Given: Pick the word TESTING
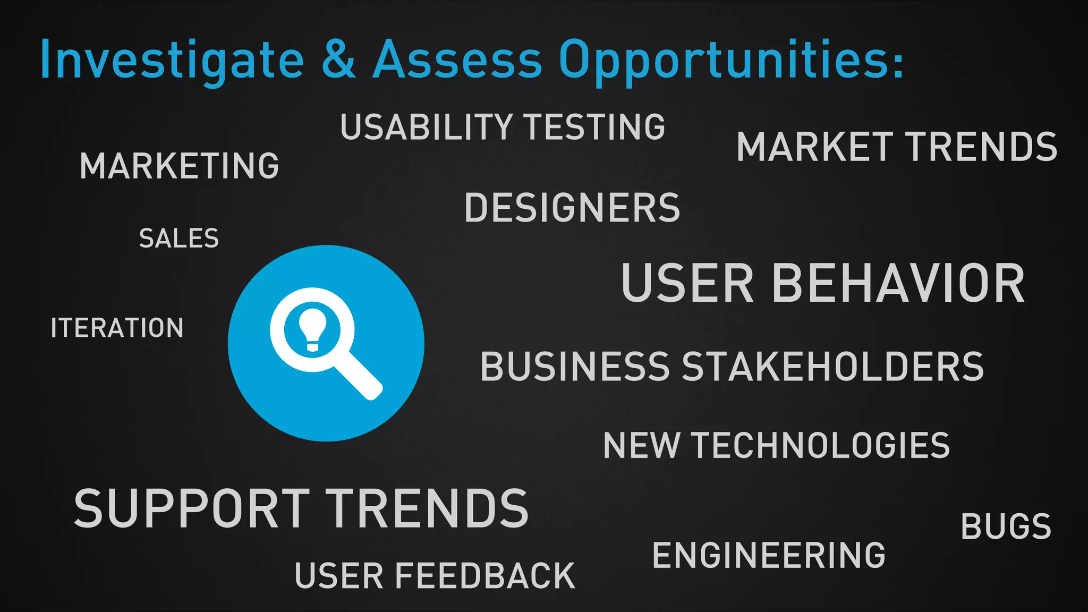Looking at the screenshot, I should coord(595,127).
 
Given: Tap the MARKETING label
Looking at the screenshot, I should coord(180,166).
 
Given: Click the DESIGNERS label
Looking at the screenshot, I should coord(572,208).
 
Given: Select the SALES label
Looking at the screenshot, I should coord(179,238).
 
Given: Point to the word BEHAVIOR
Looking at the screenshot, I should coord(898,284).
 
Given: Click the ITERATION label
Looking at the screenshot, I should coord(117,328).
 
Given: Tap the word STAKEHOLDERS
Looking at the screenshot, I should coord(832,367).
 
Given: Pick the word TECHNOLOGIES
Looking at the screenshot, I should coord(821,445).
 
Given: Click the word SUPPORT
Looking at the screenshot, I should coord(192,509).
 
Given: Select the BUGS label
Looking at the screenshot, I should coord(1006,527).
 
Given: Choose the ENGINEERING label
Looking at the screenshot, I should coord(769,555).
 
